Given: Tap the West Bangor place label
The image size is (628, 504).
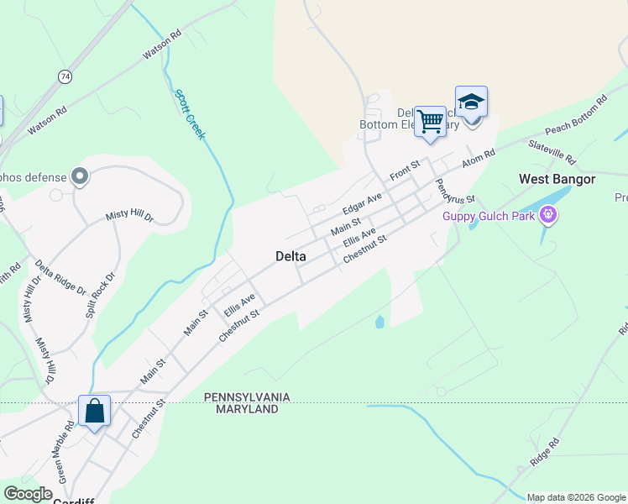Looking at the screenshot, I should tap(557, 179).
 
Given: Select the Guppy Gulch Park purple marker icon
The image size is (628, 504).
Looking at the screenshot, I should tap(549, 216).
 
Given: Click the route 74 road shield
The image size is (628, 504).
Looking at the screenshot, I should tap(65, 76).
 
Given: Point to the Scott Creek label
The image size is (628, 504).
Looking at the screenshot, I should tap(189, 113).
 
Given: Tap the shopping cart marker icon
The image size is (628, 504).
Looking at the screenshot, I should tap(430, 122).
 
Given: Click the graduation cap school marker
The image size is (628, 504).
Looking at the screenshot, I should tap(471, 102).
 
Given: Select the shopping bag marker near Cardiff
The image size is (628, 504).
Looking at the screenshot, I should tap(94, 412).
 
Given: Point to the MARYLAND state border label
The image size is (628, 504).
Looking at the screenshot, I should tap(247, 409).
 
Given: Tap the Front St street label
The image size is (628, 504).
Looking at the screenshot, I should tap(405, 170).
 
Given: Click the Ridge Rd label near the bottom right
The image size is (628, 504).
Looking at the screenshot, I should tap(544, 454).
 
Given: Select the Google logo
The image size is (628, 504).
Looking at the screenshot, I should tap(28, 494).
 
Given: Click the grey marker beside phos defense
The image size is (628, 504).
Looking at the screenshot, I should tap(80, 176).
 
